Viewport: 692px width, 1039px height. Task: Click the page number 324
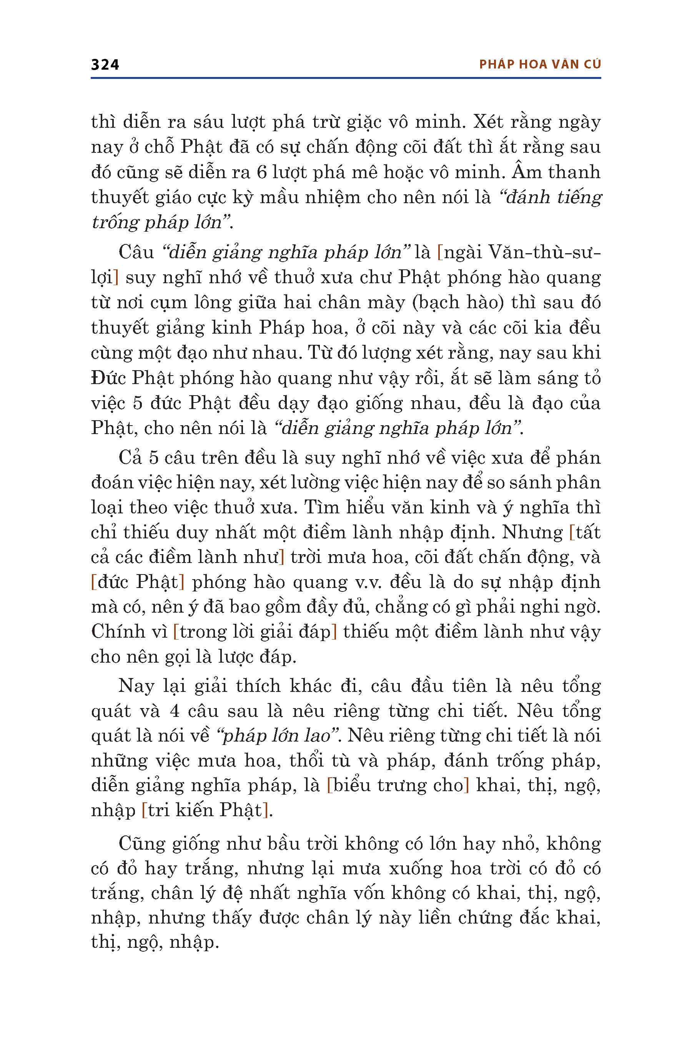click(105, 65)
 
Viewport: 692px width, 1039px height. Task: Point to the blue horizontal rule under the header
click(346, 78)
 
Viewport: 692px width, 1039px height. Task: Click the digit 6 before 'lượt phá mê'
click(262, 172)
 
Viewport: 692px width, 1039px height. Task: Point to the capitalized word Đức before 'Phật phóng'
click(108, 378)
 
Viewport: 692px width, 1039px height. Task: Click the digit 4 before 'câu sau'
click(175, 711)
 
